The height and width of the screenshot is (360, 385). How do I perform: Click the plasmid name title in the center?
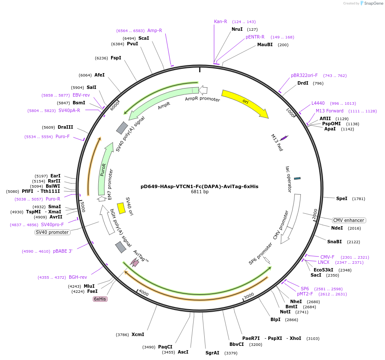[200, 186]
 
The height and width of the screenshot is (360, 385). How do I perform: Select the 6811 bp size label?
[200, 192]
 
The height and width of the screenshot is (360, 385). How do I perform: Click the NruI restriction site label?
[237, 29]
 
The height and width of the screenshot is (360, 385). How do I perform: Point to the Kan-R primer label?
[220, 21]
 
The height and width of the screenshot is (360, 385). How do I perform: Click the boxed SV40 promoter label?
[53, 232]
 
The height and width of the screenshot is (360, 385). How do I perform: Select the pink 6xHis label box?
[100, 299]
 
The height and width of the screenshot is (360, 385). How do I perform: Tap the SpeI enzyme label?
[342, 198]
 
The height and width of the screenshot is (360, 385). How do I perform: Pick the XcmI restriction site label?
[138, 334]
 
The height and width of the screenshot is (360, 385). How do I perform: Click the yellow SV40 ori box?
[121, 208]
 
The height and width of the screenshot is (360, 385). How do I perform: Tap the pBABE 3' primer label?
[63, 251]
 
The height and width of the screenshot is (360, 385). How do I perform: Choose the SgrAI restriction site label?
[212, 353]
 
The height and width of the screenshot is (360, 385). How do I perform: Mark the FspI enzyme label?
[116, 58]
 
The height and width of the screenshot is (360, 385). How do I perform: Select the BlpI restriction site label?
[275, 319]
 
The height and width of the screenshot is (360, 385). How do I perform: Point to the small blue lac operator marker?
[297, 178]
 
